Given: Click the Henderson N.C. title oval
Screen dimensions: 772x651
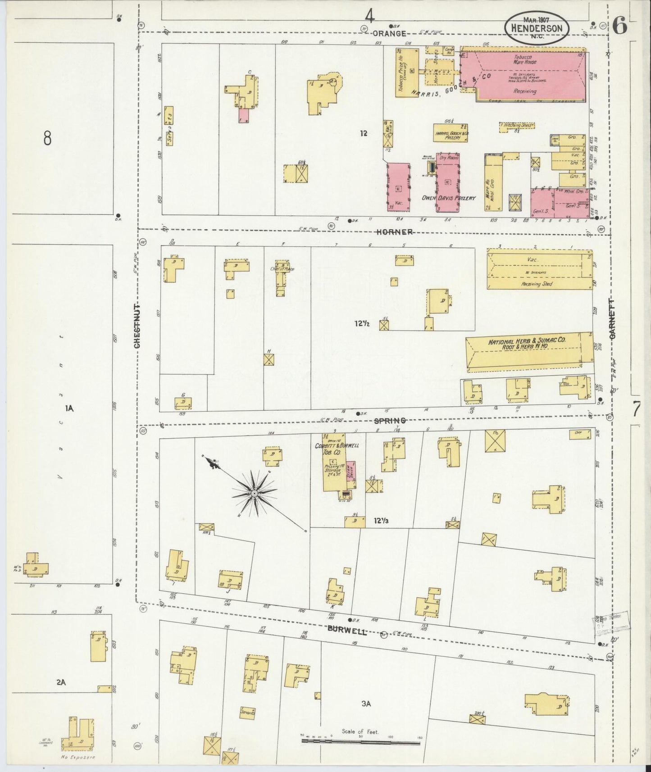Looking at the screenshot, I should (x=536, y=28).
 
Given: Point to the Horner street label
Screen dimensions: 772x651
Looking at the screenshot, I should (x=395, y=232).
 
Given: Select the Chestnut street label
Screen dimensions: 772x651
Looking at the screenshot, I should (x=137, y=325).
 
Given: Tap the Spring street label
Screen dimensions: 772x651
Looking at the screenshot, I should (x=390, y=421).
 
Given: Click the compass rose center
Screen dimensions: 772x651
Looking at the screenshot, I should (x=255, y=494).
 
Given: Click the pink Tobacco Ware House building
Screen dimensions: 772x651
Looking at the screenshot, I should (x=525, y=74).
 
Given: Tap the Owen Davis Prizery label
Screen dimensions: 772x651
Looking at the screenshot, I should (x=448, y=198).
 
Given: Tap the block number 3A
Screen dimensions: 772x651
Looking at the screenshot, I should (x=366, y=704).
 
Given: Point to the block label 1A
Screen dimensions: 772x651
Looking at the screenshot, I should (x=68, y=409).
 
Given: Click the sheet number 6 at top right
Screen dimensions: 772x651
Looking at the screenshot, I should (x=619, y=27).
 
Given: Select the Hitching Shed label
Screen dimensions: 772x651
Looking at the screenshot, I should (x=517, y=125).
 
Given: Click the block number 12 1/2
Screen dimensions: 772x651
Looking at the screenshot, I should (x=361, y=323).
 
